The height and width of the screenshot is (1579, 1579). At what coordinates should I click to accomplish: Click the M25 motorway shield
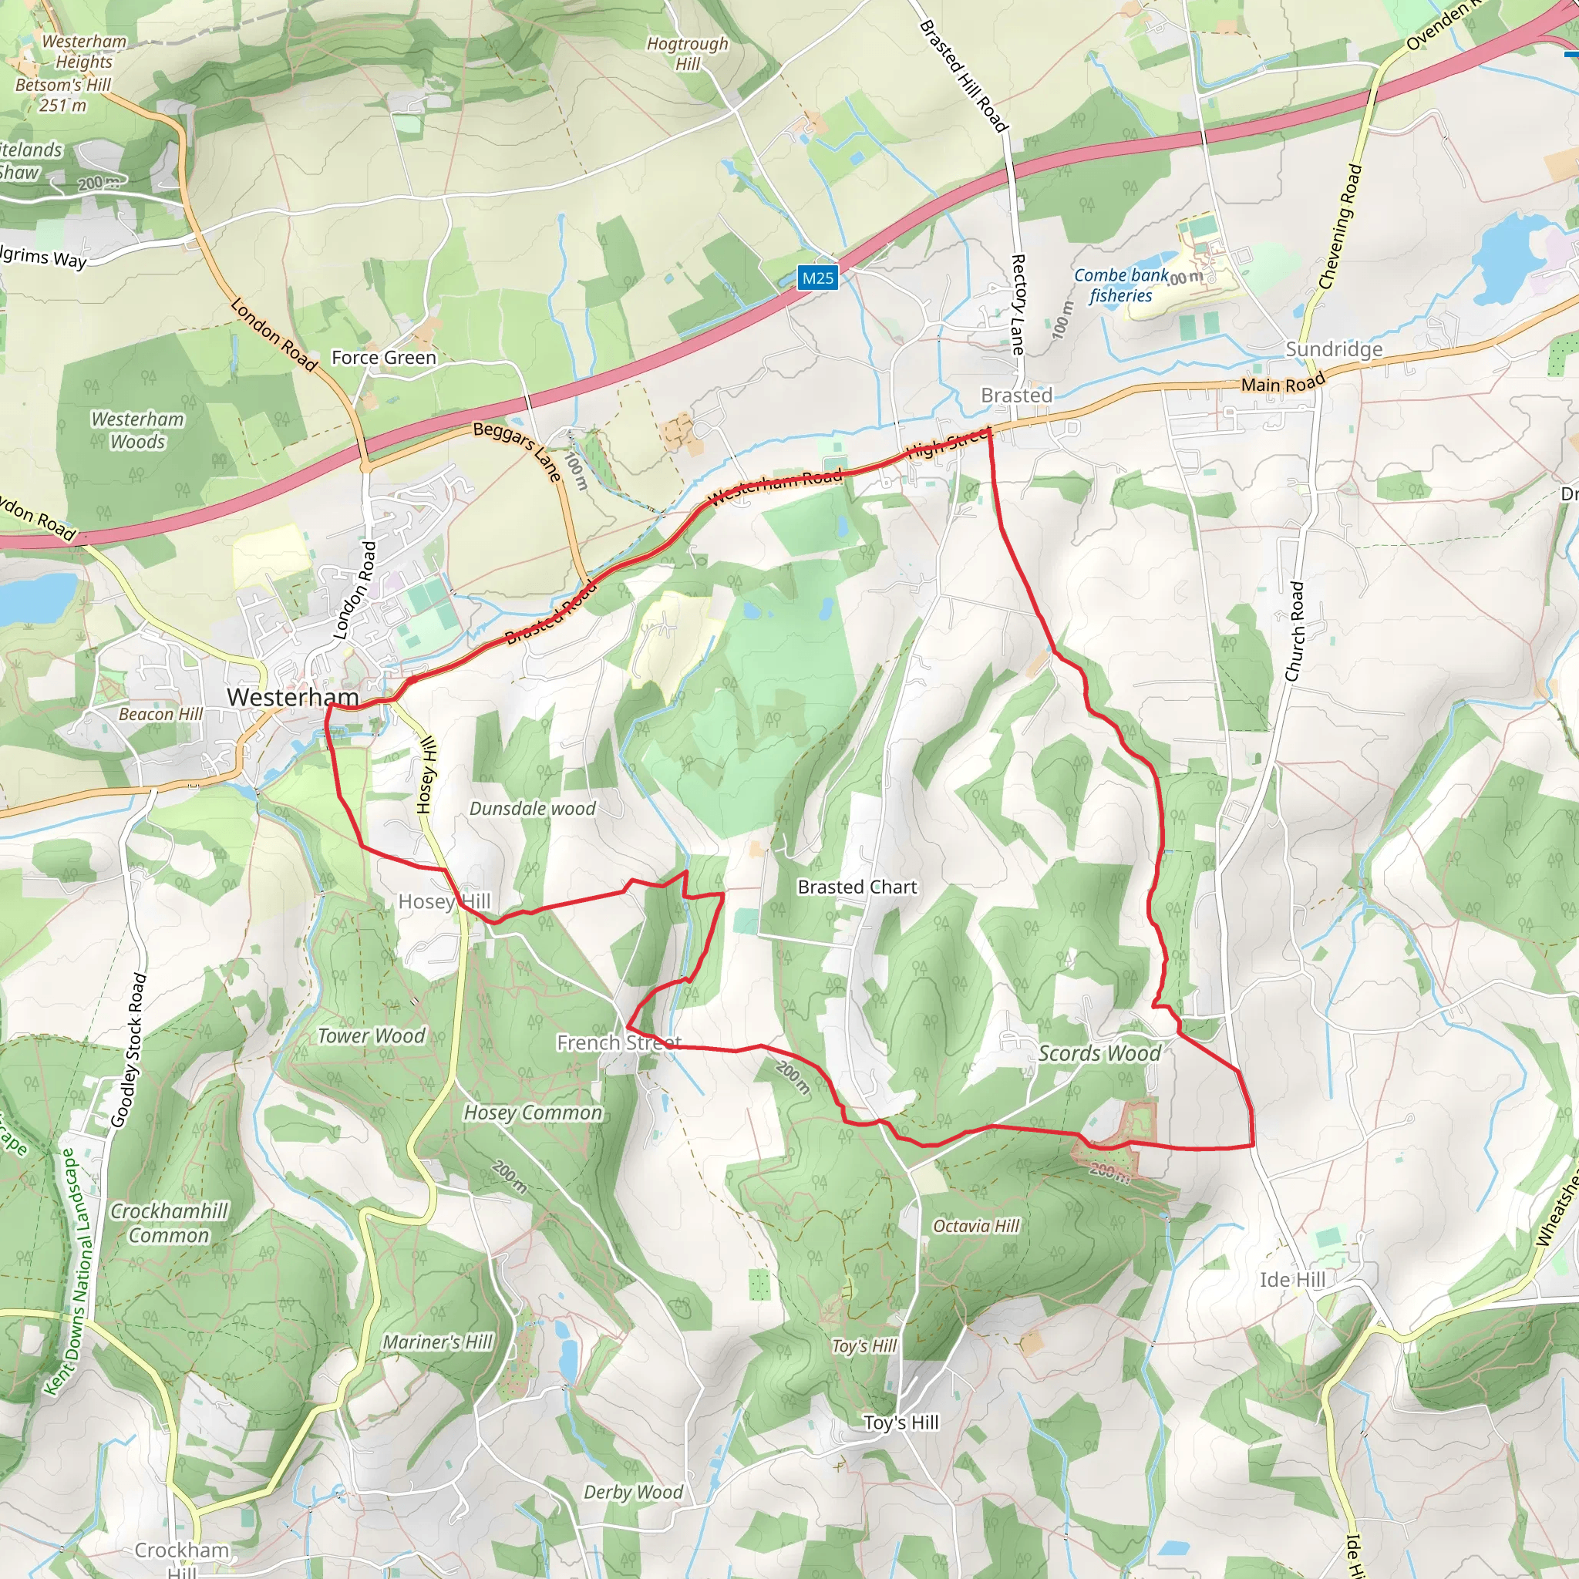point(817,278)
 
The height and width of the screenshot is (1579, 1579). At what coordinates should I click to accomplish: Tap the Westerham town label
point(292,697)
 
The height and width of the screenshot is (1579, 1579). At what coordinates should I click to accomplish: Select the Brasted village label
point(1016,396)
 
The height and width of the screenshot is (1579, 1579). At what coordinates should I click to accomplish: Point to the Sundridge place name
point(1334,350)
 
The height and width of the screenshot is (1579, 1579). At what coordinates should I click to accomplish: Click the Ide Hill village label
point(1291,1280)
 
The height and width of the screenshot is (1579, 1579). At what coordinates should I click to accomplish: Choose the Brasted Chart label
point(857,887)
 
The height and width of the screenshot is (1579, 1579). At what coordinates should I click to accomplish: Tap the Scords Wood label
point(1099,1053)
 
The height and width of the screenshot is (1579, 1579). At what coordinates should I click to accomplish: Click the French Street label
point(618,1043)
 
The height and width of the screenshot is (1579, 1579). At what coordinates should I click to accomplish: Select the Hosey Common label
point(533,1113)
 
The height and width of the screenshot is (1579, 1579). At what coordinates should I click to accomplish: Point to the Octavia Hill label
point(977,1226)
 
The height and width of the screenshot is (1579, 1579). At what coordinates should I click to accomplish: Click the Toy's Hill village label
point(901,1423)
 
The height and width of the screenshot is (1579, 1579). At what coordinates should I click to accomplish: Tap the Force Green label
point(383,358)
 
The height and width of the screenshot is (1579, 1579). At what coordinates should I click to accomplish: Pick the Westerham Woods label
point(137,430)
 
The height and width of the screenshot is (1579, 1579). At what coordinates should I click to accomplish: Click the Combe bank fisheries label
point(1120,285)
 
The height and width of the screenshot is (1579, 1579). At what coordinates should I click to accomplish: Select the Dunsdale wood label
point(532,808)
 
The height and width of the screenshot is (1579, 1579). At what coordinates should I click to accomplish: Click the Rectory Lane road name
point(1018,304)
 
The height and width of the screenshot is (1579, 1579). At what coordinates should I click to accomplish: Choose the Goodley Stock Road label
point(129,1049)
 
